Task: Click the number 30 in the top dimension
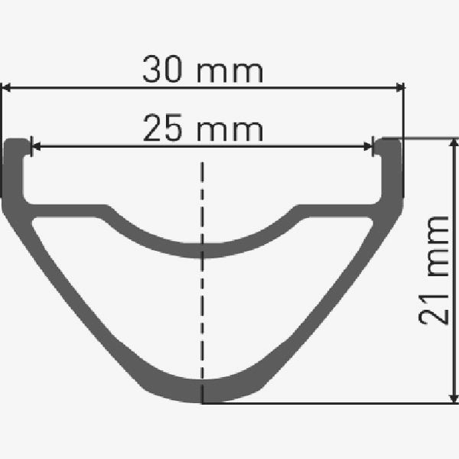161,69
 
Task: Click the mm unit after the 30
230,73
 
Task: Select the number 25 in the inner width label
162,128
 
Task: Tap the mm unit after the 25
230,131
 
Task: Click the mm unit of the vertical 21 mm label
438,246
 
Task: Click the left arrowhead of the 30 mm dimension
6,87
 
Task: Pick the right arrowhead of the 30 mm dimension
400,87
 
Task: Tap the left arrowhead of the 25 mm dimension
36,146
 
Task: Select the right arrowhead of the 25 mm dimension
368,146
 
